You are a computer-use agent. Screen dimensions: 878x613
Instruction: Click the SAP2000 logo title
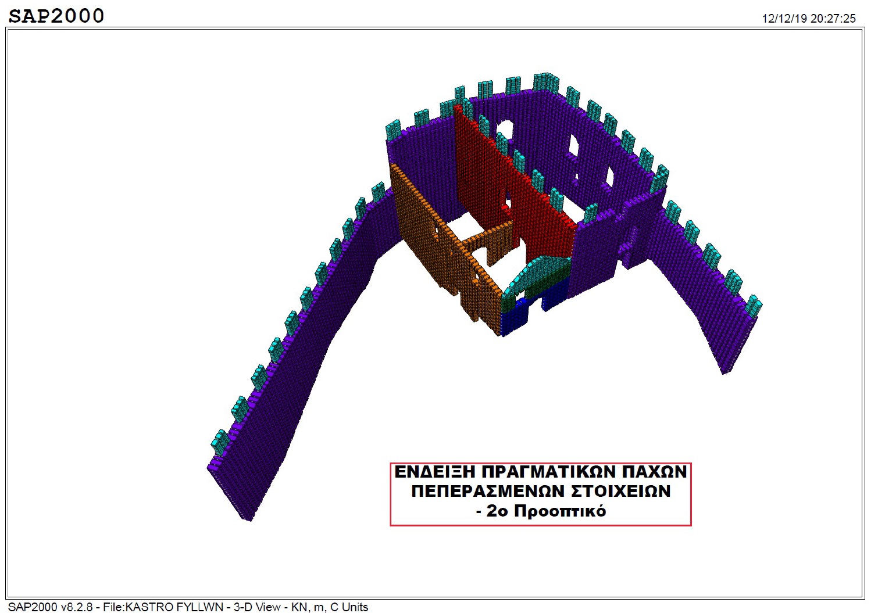coord(56,16)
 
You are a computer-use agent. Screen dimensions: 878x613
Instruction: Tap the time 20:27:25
coord(833,19)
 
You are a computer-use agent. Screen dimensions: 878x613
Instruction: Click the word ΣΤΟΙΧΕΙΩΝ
coord(621,491)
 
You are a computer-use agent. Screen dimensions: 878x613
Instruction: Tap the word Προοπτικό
coord(560,511)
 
